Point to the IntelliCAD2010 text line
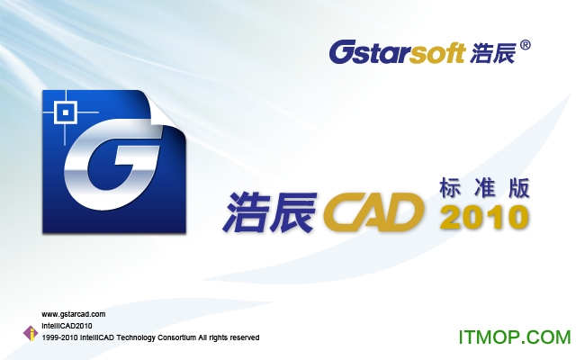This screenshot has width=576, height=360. point(67,326)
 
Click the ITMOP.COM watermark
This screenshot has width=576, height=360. point(515,337)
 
